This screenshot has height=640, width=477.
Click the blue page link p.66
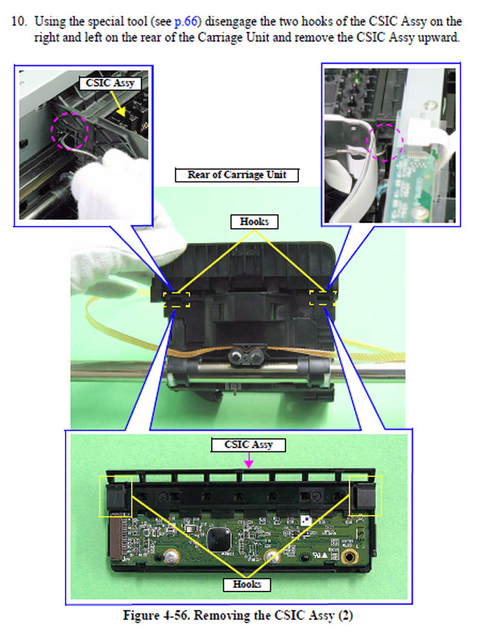[186, 21]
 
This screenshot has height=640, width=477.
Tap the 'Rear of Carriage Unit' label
[236, 175]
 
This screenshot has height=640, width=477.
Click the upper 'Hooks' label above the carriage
[254, 221]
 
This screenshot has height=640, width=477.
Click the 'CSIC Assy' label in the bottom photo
[249, 445]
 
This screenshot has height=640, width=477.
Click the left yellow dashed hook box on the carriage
[177, 298]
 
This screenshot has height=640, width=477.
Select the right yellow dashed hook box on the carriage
[323, 298]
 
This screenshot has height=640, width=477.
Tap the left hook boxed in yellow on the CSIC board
[116, 497]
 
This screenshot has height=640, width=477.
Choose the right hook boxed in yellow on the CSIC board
[366, 496]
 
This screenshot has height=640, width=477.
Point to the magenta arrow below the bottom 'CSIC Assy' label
[249, 460]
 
